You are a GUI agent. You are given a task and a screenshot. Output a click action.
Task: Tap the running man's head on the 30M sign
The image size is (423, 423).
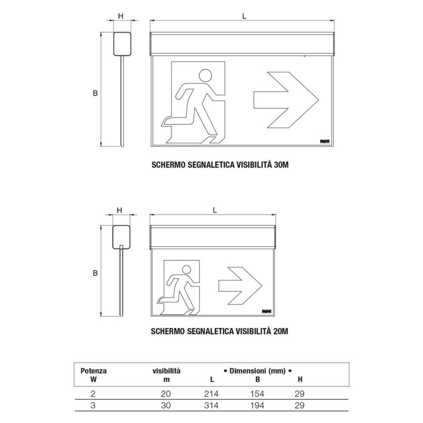pyautogui.click(x=206, y=75)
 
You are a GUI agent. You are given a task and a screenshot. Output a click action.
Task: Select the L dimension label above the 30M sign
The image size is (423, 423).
pyautogui.click(x=244, y=16)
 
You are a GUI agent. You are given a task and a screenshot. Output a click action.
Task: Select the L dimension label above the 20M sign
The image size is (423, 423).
pyautogui.click(x=214, y=210)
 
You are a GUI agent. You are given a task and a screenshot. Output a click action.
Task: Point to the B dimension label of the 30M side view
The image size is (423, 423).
pyautogui.click(x=95, y=93)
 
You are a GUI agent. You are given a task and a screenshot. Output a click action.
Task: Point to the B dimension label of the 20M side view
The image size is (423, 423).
pyautogui.click(x=95, y=273)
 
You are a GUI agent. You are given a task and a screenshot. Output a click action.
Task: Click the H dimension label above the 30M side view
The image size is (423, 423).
pyautogui.click(x=121, y=16)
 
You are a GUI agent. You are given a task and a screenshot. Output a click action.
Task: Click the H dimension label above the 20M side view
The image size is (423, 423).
pyautogui.click(x=119, y=210)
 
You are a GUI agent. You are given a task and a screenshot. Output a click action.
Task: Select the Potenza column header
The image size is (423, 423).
pyautogui.click(x=93, y=371)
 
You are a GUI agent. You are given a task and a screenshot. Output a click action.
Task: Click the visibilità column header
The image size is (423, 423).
pyautogui.click(x=167, y=371)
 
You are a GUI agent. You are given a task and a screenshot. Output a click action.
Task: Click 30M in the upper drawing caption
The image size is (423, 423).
pyautogui.click(x=280, y=164)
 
